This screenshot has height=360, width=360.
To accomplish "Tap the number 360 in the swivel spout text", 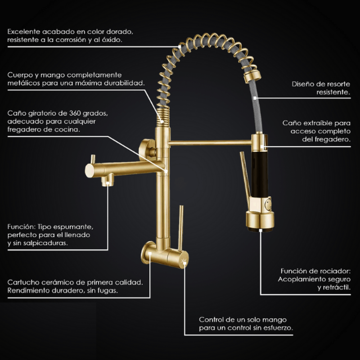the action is coord(75,113).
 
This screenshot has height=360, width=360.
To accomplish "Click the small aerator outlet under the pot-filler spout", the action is coord(108,180).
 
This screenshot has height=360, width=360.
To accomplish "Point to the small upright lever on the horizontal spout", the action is coord(93,159).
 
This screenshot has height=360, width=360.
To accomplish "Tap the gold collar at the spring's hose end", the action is coord(252,76).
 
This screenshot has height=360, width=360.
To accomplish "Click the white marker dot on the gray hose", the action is coord(255,98).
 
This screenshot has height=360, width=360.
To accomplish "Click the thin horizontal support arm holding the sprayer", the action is coord(210,143).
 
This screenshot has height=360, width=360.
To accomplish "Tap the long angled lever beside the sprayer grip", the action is coord(245,176).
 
